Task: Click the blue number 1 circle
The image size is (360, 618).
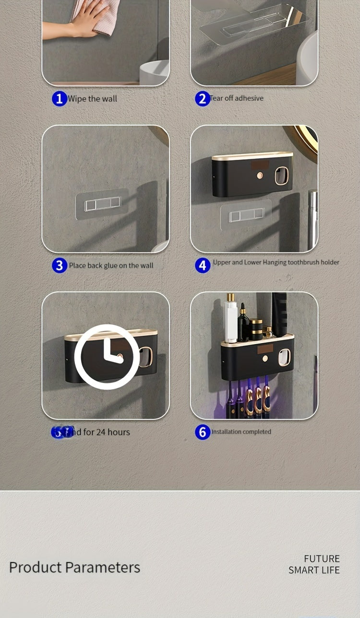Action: (x=59, y=99)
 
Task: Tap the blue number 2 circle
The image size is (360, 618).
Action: (x=202, y=99)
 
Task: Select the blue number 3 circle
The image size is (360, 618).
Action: (x=59, y=265)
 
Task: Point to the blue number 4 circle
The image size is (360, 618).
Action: (x=202, y=265)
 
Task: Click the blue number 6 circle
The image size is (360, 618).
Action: (x=202, y=432)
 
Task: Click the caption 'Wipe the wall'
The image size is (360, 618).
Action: (x=92, y=99)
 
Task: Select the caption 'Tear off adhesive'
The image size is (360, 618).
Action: (x=237, y=98)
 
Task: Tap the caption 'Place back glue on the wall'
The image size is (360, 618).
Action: (x=111, y=265)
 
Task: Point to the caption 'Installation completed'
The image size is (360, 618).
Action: (x=241, y=432)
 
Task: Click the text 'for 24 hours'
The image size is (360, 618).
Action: (x=107, y=432)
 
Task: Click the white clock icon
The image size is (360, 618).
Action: (x=107, y=356)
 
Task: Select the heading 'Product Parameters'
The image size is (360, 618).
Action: (x=74, y=567)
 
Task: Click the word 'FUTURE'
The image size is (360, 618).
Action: (x=322, y=559)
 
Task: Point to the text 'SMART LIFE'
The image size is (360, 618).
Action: (x=314, y=570)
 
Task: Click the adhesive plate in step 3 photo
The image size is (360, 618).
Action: (x=102, y=204)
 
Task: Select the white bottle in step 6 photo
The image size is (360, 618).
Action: (x=231, y=319)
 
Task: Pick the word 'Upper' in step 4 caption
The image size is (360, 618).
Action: (x=221, y=262)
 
